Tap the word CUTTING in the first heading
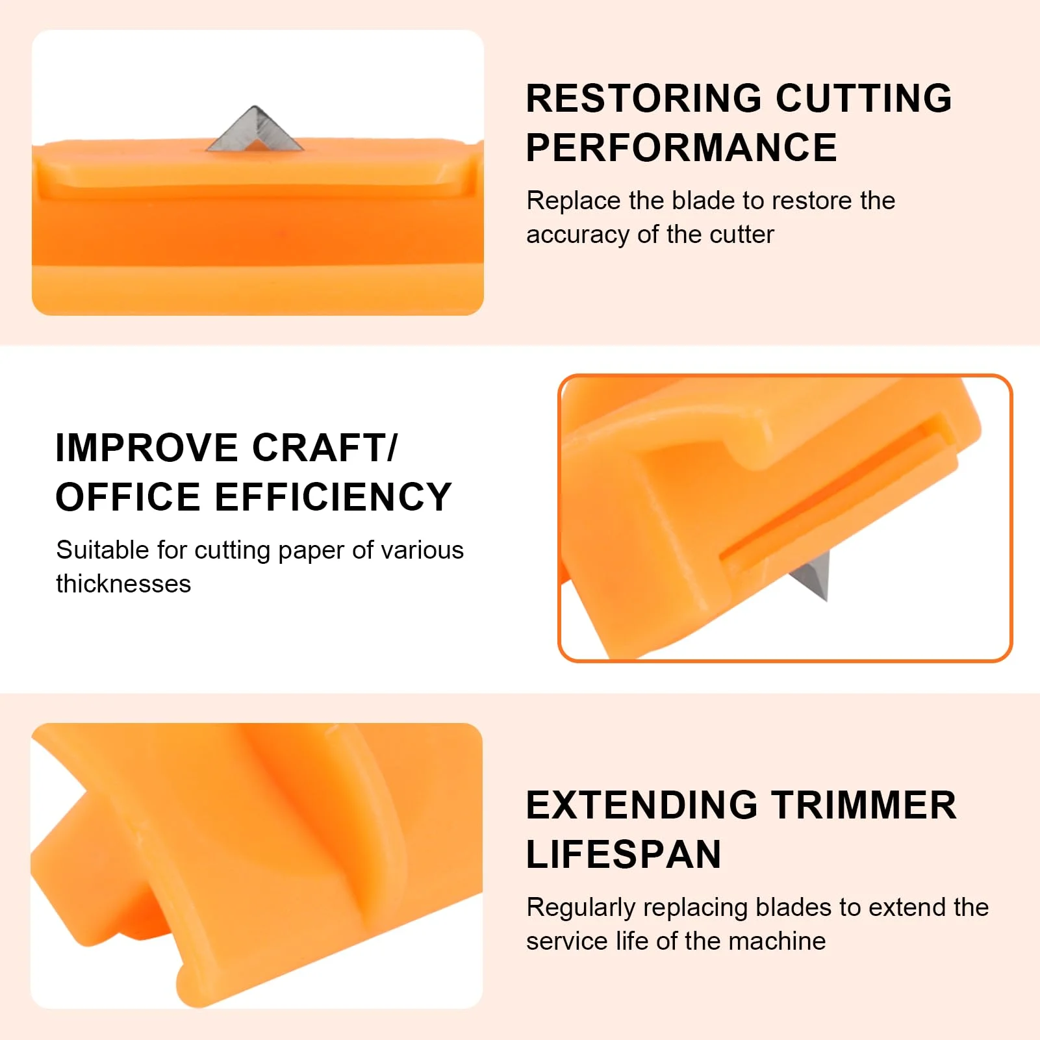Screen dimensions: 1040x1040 864,98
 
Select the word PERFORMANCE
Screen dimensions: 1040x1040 681,147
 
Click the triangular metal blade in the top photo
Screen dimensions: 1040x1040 255,129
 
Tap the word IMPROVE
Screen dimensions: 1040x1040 147,448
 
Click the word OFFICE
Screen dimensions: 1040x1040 128,497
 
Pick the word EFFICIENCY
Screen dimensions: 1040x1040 333,497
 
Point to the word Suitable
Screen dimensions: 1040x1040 103,550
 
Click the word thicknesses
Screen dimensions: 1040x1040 123,584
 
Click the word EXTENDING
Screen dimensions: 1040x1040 642,805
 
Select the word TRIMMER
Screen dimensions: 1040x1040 864,805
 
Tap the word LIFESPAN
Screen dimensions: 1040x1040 624,854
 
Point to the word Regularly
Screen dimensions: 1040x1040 581,908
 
